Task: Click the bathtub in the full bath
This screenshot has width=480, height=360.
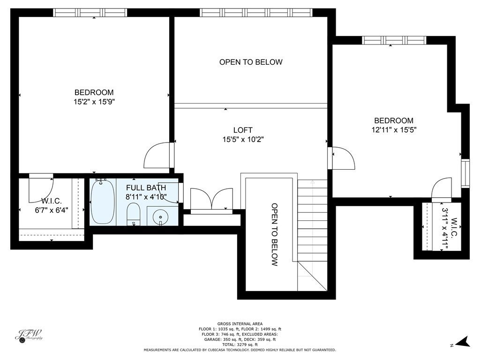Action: point(103,202)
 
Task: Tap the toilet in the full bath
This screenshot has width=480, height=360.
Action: point(134,214)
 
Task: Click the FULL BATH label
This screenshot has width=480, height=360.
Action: point(146,188)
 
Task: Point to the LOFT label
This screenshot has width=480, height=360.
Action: point(243,130)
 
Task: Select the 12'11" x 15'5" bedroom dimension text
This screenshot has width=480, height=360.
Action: point(394,129)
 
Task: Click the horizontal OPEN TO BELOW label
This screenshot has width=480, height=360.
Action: point(251,62)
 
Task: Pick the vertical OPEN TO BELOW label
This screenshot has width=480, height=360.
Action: point(275,234)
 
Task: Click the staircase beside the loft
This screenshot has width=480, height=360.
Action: point(312,220)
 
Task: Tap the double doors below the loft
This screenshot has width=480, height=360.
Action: point(211,200)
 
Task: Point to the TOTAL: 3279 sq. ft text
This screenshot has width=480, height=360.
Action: point(240,345)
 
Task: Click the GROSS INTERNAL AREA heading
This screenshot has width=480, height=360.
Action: point(240,323)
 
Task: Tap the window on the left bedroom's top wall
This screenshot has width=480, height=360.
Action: point(90,13)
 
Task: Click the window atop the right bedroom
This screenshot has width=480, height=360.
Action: point(394,40)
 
